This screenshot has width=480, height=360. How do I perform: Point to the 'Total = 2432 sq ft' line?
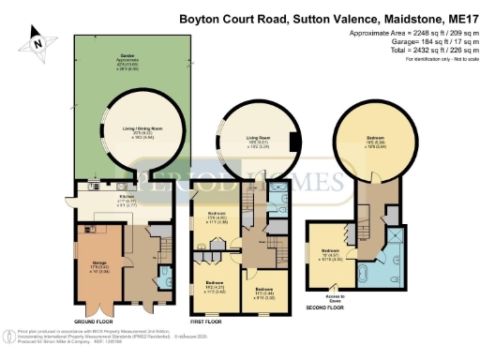[420, 50]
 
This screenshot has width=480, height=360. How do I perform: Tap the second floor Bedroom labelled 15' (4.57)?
[331, 252]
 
